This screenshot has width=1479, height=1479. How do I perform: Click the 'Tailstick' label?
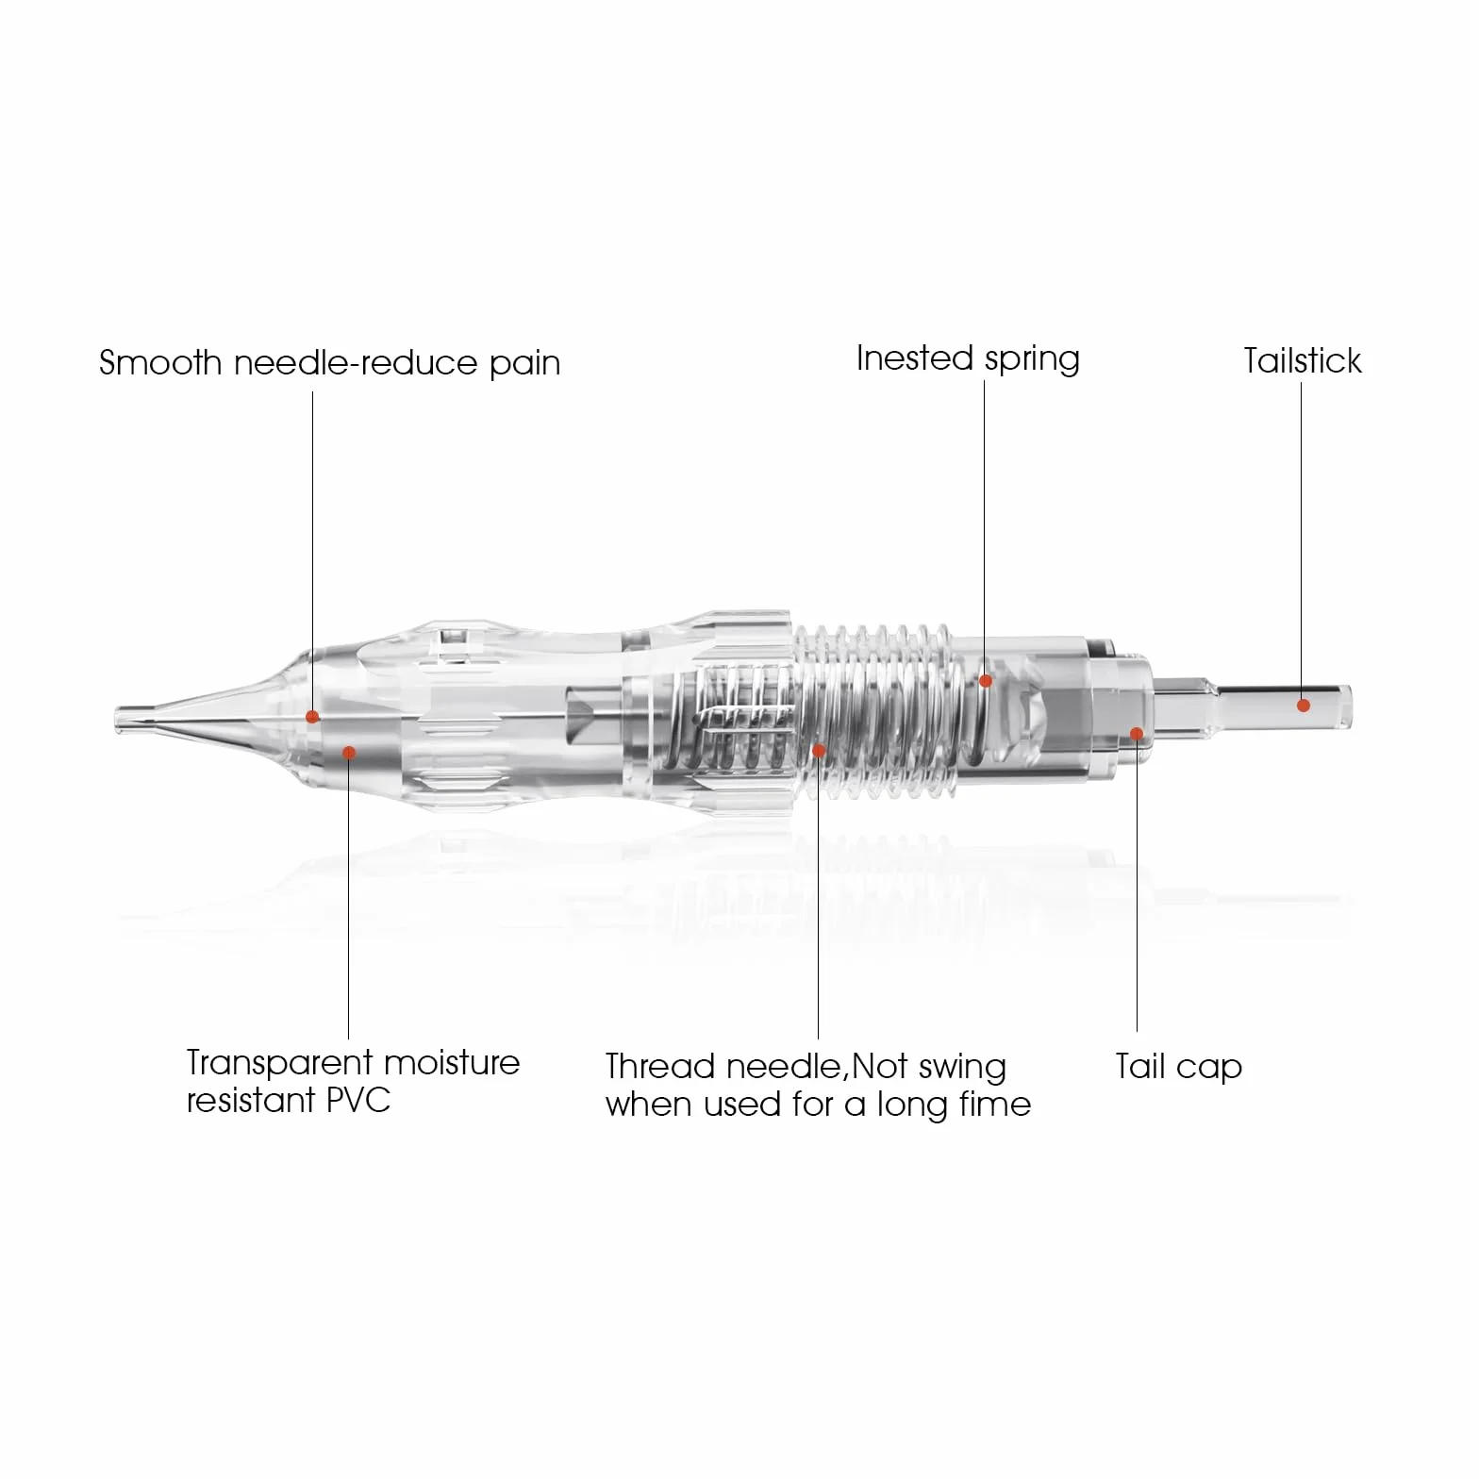1302,360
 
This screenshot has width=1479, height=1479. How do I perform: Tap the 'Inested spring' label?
968,359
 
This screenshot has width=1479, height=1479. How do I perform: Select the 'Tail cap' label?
1179,1067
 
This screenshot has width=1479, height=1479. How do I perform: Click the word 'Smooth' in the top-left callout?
160,363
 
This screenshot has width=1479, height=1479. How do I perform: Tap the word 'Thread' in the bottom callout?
660,1067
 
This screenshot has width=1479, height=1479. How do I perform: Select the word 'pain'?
524,364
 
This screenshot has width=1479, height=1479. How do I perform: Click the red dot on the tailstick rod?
1303,705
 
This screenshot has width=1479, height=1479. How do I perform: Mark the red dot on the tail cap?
1137,734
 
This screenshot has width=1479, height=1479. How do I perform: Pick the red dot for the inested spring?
985,680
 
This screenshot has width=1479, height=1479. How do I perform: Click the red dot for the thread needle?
819,751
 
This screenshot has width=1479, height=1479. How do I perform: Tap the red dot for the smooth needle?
312,717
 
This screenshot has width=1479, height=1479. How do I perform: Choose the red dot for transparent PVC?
349,752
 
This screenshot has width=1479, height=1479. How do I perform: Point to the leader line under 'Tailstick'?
1302,539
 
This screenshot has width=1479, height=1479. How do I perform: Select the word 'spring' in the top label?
1032,360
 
